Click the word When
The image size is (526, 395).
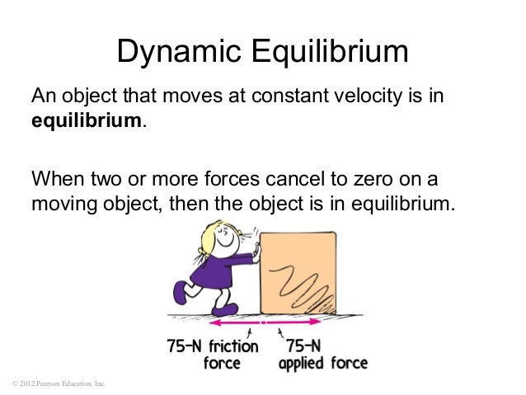[x=59, y=179]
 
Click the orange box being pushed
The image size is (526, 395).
[x=298, y=271]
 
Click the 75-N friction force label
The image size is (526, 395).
[x=210, y=355]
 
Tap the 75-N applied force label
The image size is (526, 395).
[x=322, y=355]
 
